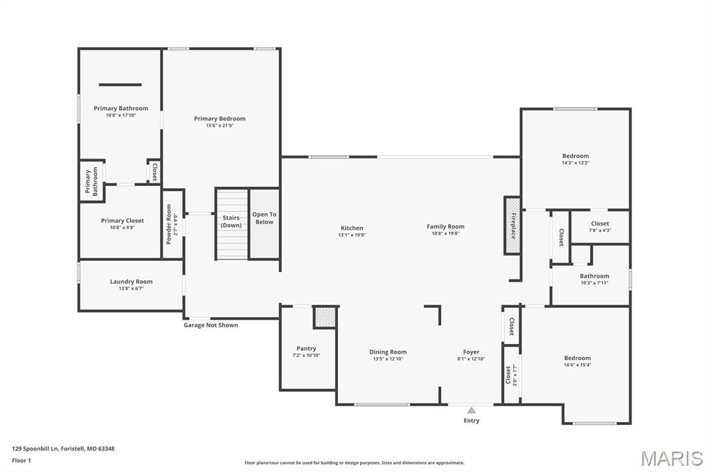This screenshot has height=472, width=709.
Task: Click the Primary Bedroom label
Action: click(x=219, y=118)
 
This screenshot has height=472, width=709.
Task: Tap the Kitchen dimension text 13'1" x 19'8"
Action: click(x=352, y=235)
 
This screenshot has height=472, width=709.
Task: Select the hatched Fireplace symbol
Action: click(x=512, y=226)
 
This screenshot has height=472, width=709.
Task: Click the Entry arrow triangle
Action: click(x=472, y=410)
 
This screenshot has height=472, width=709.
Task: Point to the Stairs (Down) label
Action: click(x=231, y=221)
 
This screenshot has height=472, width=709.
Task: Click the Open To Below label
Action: click(x=264, y=218)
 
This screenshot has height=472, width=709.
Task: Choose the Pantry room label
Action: click(x=306, y=348)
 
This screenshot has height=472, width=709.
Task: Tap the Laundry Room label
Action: click(x=131, y=282)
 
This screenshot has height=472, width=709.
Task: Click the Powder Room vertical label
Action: click(x=168, y=225)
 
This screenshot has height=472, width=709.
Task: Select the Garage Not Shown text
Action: click(x=210, y=325)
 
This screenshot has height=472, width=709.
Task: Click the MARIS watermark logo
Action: click(x=672, y=458)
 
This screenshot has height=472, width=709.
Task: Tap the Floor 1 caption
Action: click(x=22, y=460)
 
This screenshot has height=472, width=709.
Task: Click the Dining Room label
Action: click(x=388, y=352)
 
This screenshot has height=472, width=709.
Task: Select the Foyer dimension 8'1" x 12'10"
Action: click(x=471, y=359)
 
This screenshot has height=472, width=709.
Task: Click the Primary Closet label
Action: click(x=123, y=221)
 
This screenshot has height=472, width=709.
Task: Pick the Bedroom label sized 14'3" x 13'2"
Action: click(x=575, y=156)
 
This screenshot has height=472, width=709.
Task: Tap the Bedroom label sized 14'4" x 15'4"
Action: click(x=577, y=358)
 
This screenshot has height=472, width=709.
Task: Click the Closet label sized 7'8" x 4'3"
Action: click(x=600, y=224)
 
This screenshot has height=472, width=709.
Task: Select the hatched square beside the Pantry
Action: click(x=325, y=317)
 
